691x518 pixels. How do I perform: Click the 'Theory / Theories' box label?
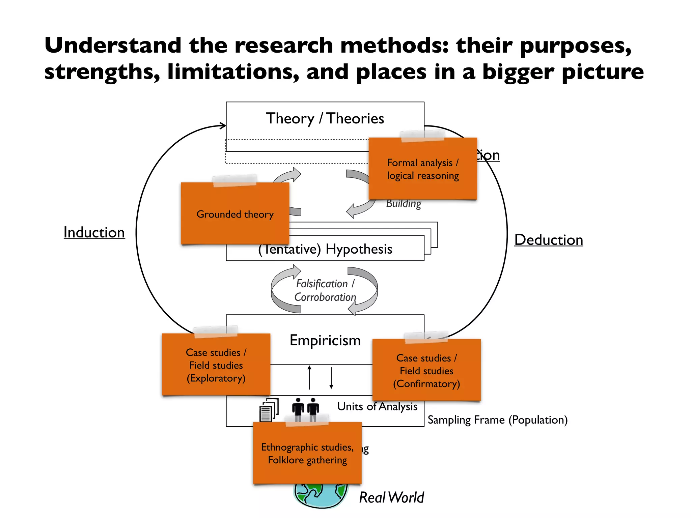tap(325, 119)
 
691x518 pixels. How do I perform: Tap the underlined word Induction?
tap(94, 232)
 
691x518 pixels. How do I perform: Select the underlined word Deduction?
tap(548, 240)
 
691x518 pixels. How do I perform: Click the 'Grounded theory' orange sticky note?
tap(235, 214)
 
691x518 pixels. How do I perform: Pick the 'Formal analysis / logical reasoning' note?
tap(423, 169)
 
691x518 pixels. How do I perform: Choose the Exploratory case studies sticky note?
tap(216, 365)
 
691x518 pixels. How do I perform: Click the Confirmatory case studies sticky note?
tap(426, 370)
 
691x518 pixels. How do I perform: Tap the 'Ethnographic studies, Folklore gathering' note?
tap(307, 453)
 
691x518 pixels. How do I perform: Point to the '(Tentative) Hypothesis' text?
tap(325, 249)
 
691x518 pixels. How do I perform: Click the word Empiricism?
tap(325, 340)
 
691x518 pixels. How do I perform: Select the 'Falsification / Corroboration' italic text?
tap(325, 290)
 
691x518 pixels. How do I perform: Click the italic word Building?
tap(404, 204)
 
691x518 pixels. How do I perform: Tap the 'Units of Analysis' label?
tap(377, 406)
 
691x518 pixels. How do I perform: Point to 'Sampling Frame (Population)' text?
tap(497, 420)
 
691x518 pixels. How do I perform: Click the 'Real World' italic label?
tap(391, 497)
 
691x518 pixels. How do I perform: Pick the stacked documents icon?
tap(269, 410)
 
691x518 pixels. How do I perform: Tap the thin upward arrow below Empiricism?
tap(309, 377)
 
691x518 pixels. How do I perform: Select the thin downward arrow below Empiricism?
tap(331, 378)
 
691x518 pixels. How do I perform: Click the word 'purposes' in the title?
tap(575, 46)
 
